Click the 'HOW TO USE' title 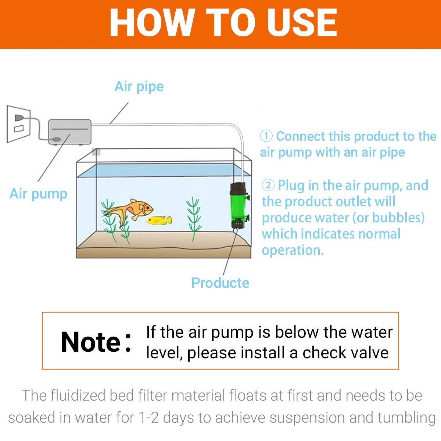tap(223, 23)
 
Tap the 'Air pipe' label tap(139, 87)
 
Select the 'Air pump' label tap(39, 194)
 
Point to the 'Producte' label tap(220, 283)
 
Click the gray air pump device tap(70, 132)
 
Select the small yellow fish tap(159, 220)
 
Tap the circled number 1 tap(266, 136)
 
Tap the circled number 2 tap(268, 185)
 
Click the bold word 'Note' tap(91, 342)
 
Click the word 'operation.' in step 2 tap(293, 250)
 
